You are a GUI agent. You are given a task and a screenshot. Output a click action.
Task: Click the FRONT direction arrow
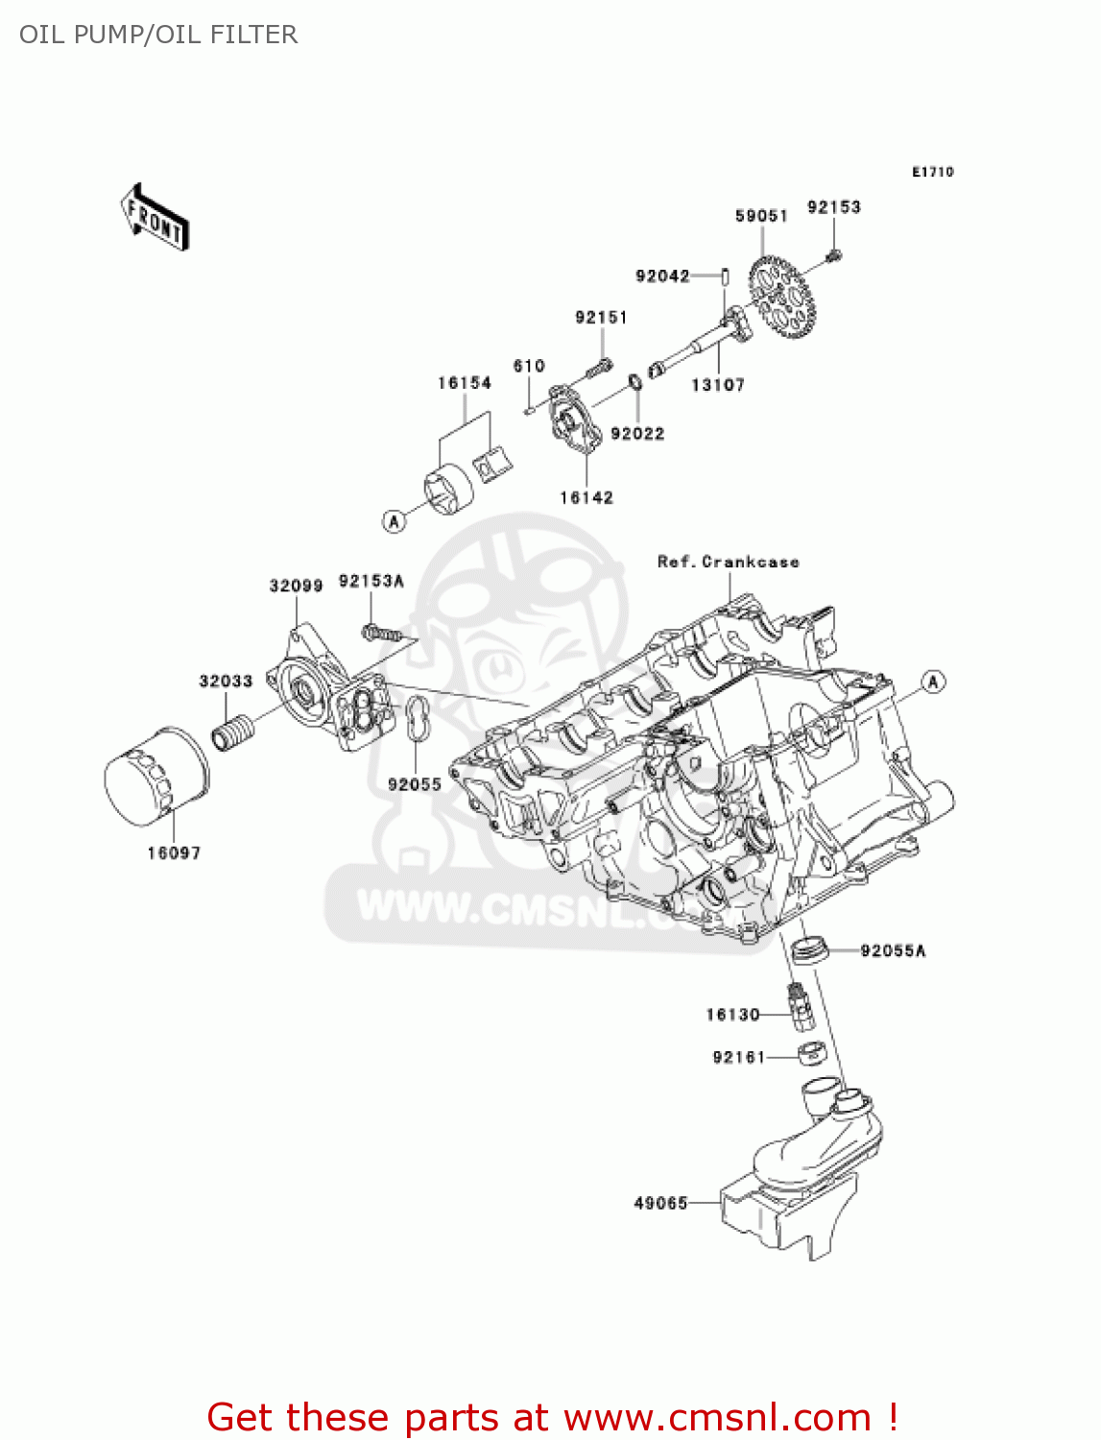[x=154, y=218]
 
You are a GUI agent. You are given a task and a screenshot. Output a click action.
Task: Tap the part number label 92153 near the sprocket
[x=833, y=207]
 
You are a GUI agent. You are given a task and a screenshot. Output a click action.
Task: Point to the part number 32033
[x=226, y=682]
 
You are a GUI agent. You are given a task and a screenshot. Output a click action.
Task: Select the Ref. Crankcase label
[x=728, y=563]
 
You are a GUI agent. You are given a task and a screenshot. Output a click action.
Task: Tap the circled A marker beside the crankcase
[x=933, y=682]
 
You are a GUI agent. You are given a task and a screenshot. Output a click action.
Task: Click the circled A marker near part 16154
[x=395, y=520]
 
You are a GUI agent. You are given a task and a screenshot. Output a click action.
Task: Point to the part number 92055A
[x=893, y=951]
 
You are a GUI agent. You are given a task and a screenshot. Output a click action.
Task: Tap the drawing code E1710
[x=932, y=172]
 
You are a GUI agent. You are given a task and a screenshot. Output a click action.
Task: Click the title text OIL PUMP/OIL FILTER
[x=158, y=35]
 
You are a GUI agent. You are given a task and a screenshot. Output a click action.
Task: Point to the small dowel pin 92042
[x=726, y=276]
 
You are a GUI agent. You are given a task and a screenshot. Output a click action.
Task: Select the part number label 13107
[x=717, y=385]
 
